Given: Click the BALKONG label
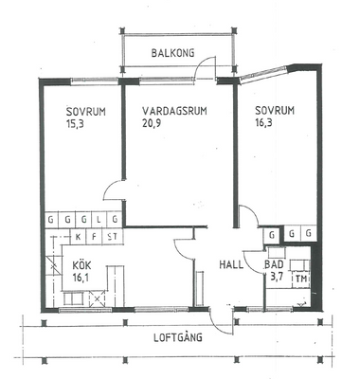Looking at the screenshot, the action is pyautogui.click(x=172, y=53).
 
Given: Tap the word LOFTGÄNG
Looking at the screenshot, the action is pyautogui.click(x=178, y=337).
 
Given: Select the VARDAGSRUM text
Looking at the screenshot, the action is pyautogui.click(x=174, y=111).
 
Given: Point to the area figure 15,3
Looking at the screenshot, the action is pyautogui.click(x=75, y=123).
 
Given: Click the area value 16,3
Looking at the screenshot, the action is pyautogui.click(x=263, y=122).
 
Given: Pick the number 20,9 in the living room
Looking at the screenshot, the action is pyautogui.click(x=152, y=122).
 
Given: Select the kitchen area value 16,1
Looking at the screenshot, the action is pyautogui.click(x=81, y=278).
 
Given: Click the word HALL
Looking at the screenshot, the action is pyautogui.click(x=231, y=264).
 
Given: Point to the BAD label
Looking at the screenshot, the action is pyautogui.click(x=274, y=264).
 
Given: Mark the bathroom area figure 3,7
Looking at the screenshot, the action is pyautogui.click(x=277, y=277).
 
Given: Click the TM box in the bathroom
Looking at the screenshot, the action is pyautogui.click(x=301, y=280).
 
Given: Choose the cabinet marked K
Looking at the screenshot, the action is pyautogui.click(x=79, y=237).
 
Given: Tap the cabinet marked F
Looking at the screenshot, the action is pyautogui.click(x=94, y=237).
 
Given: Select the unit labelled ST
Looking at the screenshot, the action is pyautogui.click(x=112, y=237).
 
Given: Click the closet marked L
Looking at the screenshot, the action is pyautogui.click(x=99, y=219).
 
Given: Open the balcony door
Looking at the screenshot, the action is pyautogui.click(x=206, y=68).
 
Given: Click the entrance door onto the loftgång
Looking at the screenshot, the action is pyautogui.click(x=222, y=319).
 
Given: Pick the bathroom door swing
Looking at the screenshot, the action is pyautogui.click(x=254, y=262).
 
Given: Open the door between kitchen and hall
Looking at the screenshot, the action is pyautogui.click(x=184, y=249).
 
